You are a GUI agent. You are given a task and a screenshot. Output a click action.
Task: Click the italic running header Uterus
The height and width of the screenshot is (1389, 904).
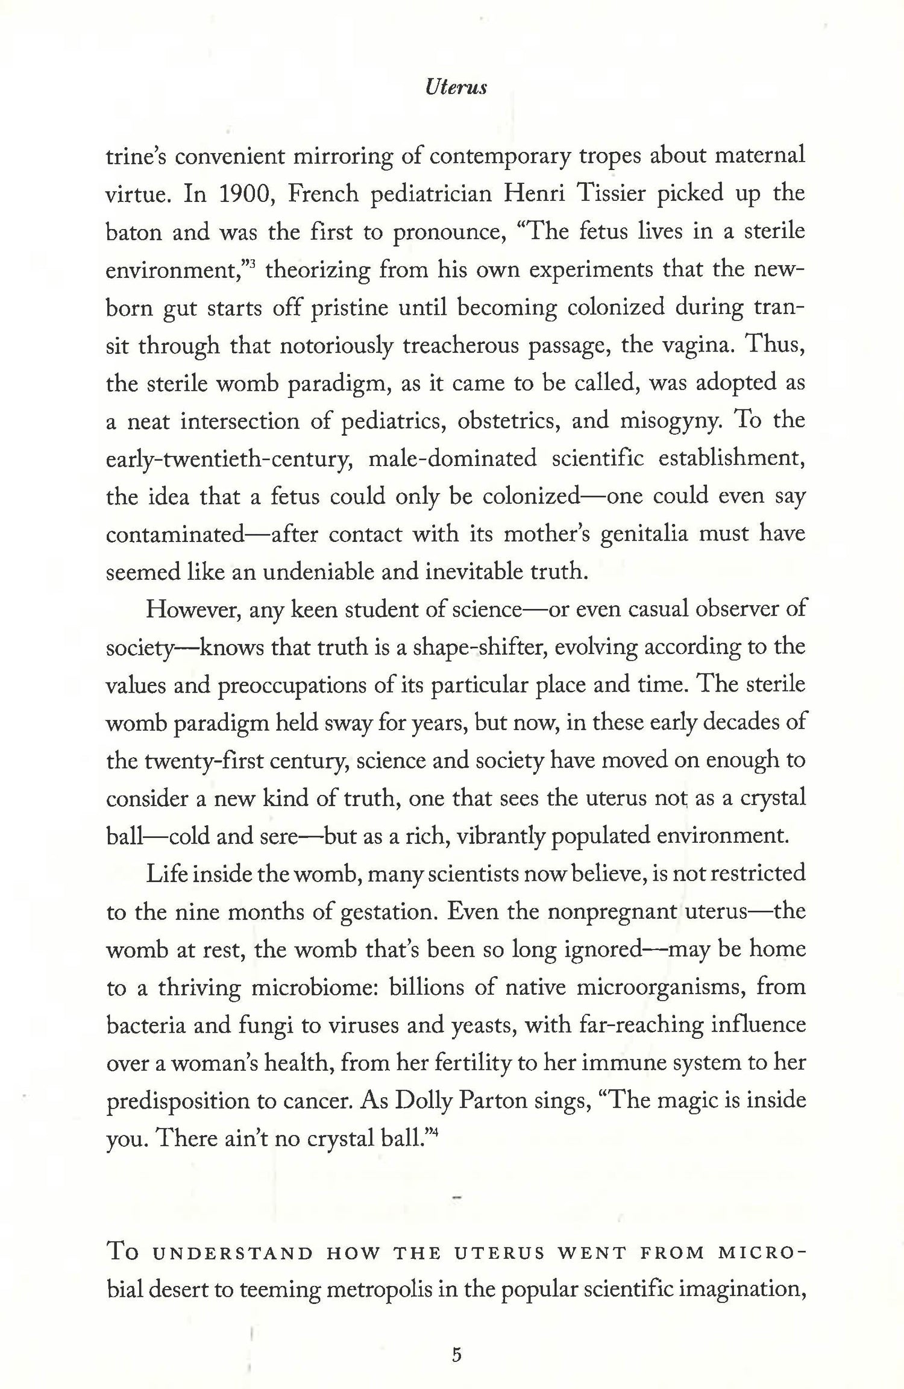456,88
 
